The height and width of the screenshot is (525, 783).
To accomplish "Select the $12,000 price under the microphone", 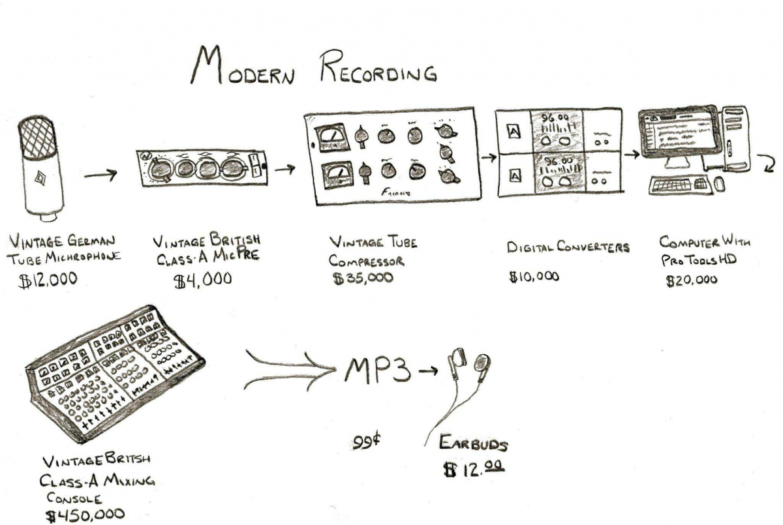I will pos(48,280).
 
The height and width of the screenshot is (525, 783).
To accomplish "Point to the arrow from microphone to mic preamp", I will pos(100,175).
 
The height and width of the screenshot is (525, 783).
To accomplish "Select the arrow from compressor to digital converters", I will pos(487,157).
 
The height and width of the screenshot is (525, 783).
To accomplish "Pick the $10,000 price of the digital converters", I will pos(534,276).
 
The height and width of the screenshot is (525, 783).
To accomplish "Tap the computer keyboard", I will pos(677,185).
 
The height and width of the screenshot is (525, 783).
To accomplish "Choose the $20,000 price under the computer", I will pos(692,280).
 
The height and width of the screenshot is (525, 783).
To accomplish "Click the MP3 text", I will pos(378,372).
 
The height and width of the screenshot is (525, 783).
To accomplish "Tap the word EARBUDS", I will pos(473,445).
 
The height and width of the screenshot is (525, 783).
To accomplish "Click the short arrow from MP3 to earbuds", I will pos(429,372).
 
